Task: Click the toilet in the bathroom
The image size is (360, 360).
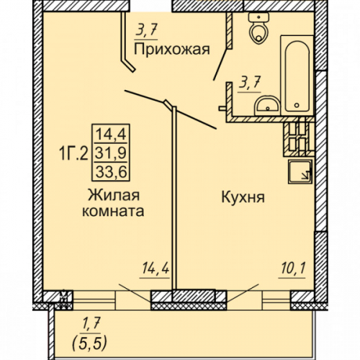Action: click(x=258, y=28)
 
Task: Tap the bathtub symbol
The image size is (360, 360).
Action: click(x=297, y=76)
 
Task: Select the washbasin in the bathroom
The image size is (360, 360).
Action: click(x=267, y=105)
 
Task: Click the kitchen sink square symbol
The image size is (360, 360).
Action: click(x=300, y=172)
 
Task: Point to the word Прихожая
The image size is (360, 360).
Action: click(x=172, y=50)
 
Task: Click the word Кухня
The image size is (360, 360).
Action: click(x=243, y=197)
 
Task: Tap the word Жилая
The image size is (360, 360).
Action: click(x=114, y=195)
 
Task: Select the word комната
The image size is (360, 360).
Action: click(x=113, y=211)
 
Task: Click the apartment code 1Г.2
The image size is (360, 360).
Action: click(x=73, y=153)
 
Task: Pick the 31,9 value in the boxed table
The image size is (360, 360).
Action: click(x=111, y=153)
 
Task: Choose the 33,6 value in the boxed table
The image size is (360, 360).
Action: click(x=111, y=172)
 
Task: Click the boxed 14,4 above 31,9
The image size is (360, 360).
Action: click(x=111, y=134)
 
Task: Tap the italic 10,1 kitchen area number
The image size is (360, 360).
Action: click(x=293, y=269)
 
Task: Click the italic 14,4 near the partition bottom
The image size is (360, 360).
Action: click(x=156, y=269)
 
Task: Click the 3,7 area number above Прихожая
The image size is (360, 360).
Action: click(x=146, y=30)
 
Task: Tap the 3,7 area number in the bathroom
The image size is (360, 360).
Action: click(x=250, y=83)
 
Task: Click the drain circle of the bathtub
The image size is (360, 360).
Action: click(x=297, y=105)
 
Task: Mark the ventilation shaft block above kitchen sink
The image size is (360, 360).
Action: click(x=299, y=137)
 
